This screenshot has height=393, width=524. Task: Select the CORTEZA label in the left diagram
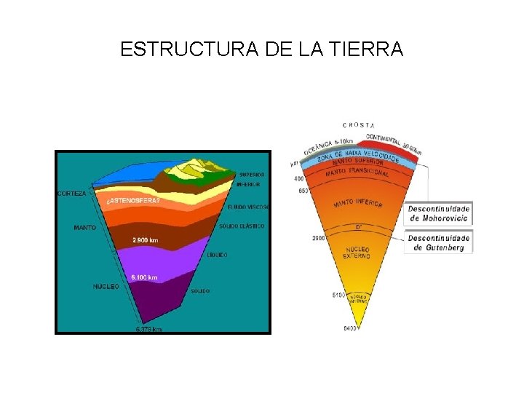(71, 194)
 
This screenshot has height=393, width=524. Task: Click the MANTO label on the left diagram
(84, 228)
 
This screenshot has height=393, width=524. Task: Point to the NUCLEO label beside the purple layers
(106, 286)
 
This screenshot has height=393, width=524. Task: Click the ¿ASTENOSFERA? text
(133, 200)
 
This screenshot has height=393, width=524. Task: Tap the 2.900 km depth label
(146, 239)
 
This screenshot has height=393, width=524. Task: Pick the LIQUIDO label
(218, 255)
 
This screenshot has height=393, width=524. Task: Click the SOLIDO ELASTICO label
(241, 226)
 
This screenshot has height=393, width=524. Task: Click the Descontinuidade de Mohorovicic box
(438, 213)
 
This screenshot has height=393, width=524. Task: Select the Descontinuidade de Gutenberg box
(438, 242)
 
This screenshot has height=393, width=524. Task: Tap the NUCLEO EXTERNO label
(357, 253)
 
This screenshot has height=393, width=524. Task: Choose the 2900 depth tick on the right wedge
(318, 238)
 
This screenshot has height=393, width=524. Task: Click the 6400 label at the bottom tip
(351, 329)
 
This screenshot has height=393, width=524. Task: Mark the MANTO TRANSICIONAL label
(357, 172)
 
